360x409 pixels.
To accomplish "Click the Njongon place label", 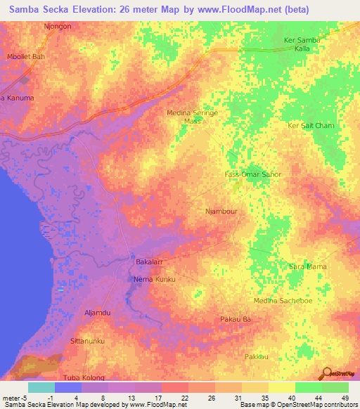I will [x=58, y=25].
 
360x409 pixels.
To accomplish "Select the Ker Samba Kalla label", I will [x=302, y=44].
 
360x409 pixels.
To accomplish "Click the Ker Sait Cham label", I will [x=311, y=125].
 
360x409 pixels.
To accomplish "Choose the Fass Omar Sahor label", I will [x=252, y=174].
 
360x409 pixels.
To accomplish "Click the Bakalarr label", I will [x=148, y=262].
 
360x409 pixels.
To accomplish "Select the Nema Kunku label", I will [x=154, y=279].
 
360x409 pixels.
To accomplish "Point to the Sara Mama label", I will [x=308, y=267].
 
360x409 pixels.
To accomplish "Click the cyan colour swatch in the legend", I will [x=41, y=387].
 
